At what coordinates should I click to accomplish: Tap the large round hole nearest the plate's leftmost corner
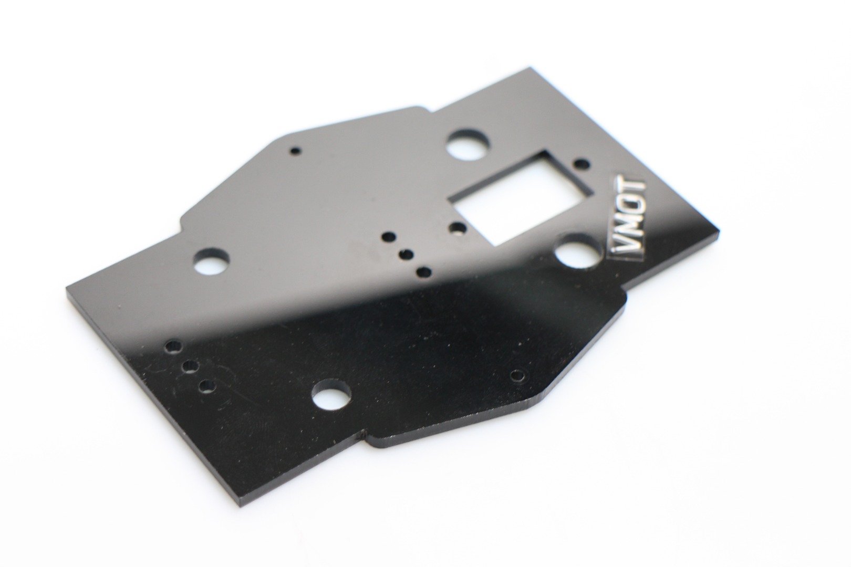point(212,262)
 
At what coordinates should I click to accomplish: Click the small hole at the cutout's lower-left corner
point(457,228)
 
